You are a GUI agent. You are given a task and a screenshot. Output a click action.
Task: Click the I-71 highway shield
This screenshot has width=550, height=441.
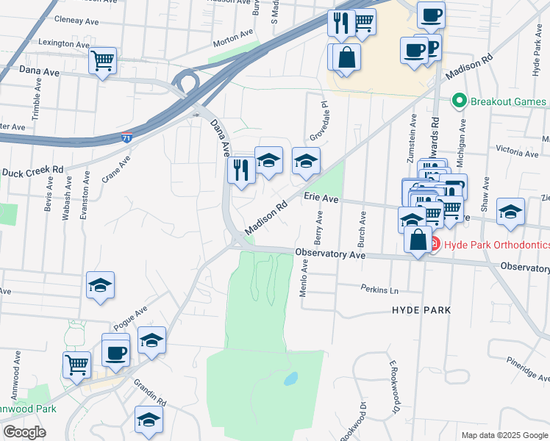point(127,137)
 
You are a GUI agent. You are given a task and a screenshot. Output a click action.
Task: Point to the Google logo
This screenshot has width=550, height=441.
point(24,431)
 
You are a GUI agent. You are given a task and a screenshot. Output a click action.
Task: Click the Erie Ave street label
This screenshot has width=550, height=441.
point(321,198)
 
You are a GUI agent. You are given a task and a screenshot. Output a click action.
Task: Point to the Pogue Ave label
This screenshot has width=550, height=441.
point(131,318)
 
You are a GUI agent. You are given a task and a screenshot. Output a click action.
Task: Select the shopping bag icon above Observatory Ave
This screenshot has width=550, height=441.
point(418,240)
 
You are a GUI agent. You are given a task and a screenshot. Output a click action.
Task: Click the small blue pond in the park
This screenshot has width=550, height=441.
point(291,379)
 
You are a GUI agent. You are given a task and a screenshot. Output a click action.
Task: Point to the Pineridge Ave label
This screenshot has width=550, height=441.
point(528,368)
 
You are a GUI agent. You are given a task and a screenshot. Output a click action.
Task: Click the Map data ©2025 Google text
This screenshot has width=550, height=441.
point(504,435)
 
